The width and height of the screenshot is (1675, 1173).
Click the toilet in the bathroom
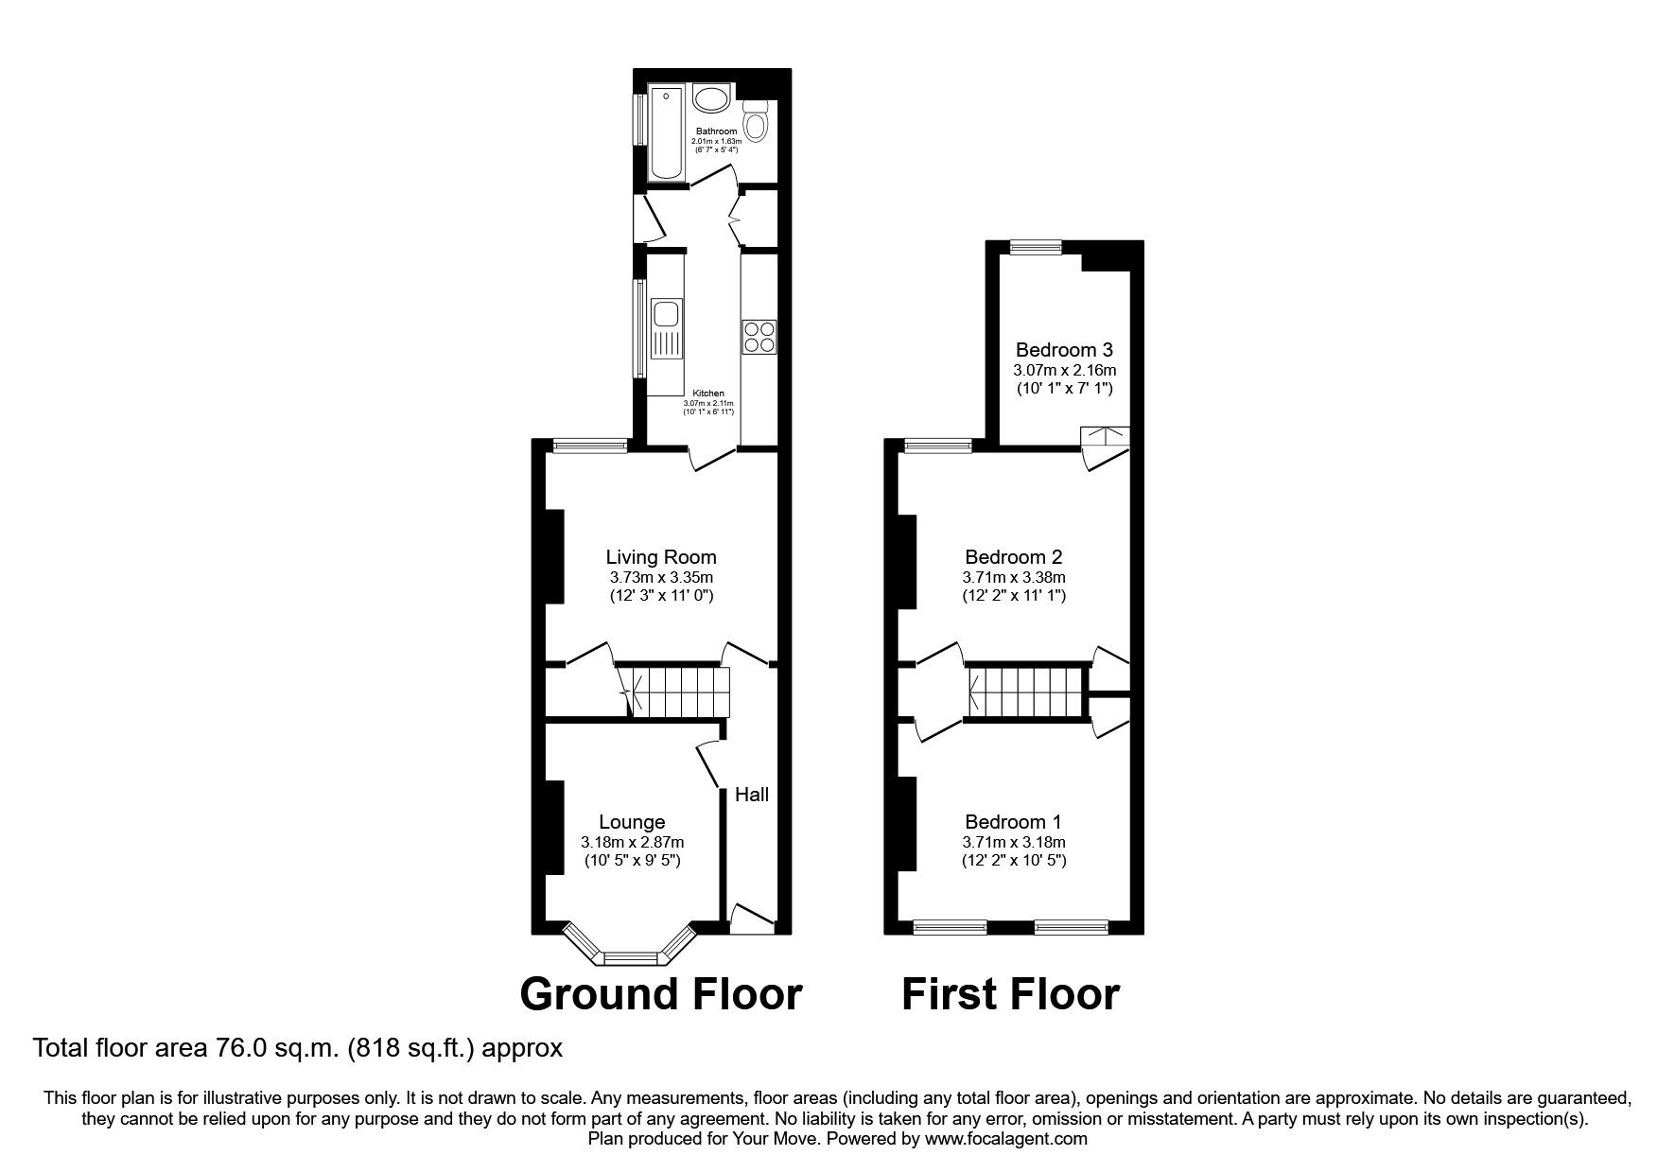tap(756, 122)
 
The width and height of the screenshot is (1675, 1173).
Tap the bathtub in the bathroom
tap(667, 133)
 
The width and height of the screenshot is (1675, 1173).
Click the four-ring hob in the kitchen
tap(759, 337)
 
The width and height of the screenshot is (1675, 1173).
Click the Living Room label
tap(661, 557)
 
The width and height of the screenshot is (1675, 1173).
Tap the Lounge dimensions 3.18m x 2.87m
tap(633, 843)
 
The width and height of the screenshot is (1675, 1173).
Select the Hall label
tap(752, 795)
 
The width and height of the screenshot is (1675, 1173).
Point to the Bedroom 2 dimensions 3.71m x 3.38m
tap(1014, 578)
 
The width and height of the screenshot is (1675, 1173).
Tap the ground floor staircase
tap(677, 692)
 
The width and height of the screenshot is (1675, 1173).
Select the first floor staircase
tap(1026, 692)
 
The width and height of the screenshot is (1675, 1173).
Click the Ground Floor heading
tap(661, 994)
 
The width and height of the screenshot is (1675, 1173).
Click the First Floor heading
tap(1010, 994)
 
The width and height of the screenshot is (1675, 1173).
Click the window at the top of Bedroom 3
tap(1035, 248)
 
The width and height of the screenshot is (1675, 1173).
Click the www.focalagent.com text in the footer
tap(1005, 1139)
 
